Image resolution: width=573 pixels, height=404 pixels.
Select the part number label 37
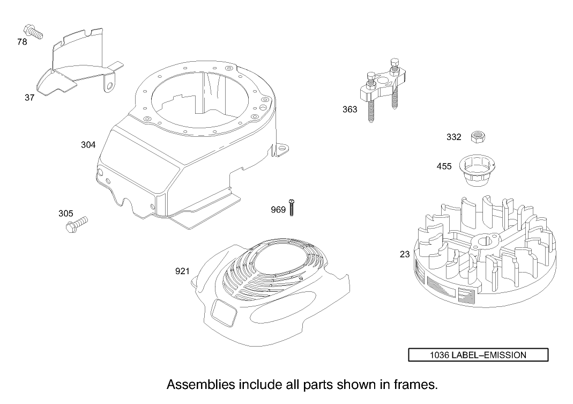click(x=29, y=98)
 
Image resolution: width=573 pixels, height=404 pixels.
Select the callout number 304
click(x=88, y=145)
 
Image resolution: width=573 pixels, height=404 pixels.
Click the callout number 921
click(x=182, y=271)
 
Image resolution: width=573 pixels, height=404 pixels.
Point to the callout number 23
click(x=405, y=254)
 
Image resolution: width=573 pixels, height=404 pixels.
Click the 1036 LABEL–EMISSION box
click(x=478, y=355)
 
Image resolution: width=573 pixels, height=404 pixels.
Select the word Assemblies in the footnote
click(x=199, y=385)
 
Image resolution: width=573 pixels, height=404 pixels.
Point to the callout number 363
click(x=349, y=109)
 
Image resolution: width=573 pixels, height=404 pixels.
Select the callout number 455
click(x=444, y=166)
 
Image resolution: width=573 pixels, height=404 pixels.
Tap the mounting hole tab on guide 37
click(x=111, y=85)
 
